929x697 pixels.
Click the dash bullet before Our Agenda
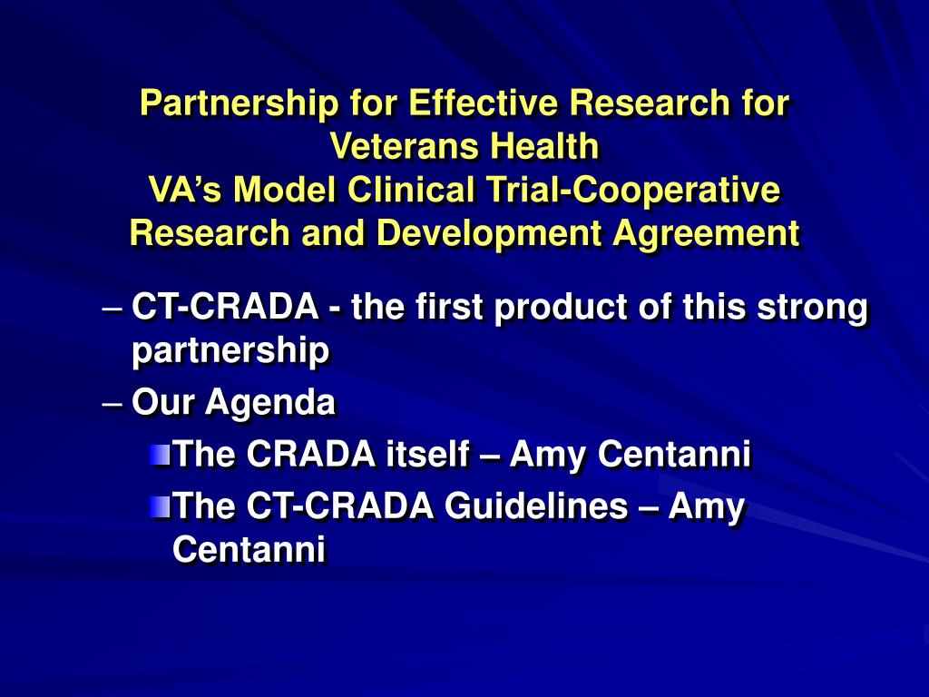pyautogui.click(x=113, y=401)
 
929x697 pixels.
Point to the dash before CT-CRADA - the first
pyautogui.click(x=113, y=308)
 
